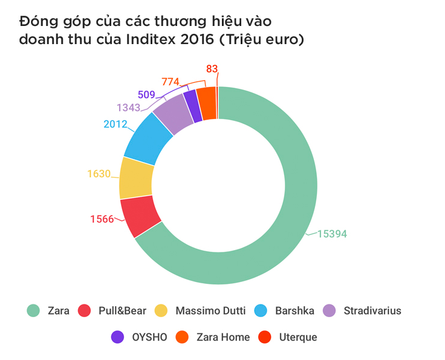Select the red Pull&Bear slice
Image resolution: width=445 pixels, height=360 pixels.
coord(140,216)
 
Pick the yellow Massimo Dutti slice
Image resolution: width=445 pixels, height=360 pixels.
coord(136,178)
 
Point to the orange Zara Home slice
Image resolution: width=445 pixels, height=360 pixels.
coord(207,103)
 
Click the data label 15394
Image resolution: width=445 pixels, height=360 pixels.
coord(332,234)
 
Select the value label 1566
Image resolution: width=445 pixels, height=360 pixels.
coord(102,219)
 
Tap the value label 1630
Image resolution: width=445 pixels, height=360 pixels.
coord(99,174)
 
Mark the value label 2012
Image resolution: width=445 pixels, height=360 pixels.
coord(115,124)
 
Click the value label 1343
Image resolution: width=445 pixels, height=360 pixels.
coord(128,108)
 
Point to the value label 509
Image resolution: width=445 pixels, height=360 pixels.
coord(146,94)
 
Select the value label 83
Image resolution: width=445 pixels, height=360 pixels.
coord(211,69)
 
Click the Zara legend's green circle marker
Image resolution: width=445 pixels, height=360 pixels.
coord(33,311)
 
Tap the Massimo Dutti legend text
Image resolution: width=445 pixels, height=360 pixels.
coord(210,311)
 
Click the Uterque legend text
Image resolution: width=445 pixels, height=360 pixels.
coord(298,337)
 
